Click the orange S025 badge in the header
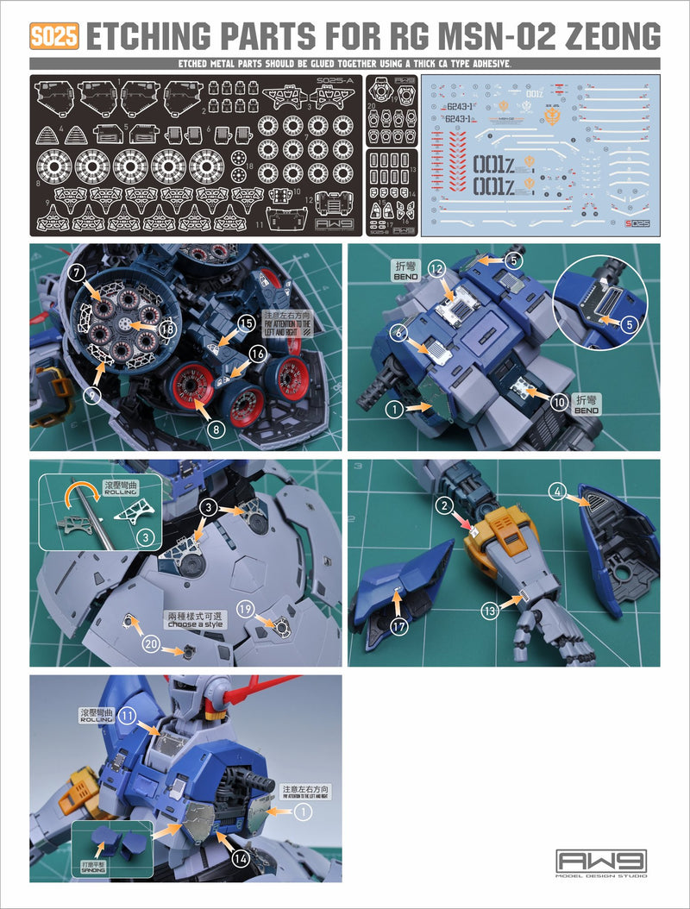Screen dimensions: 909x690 [54, 36]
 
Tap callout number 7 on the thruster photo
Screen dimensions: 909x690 [78, 273]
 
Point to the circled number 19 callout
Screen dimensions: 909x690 [244, 609]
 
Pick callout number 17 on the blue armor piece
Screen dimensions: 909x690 [398, 627]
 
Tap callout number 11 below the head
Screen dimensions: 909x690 [129, 715]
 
